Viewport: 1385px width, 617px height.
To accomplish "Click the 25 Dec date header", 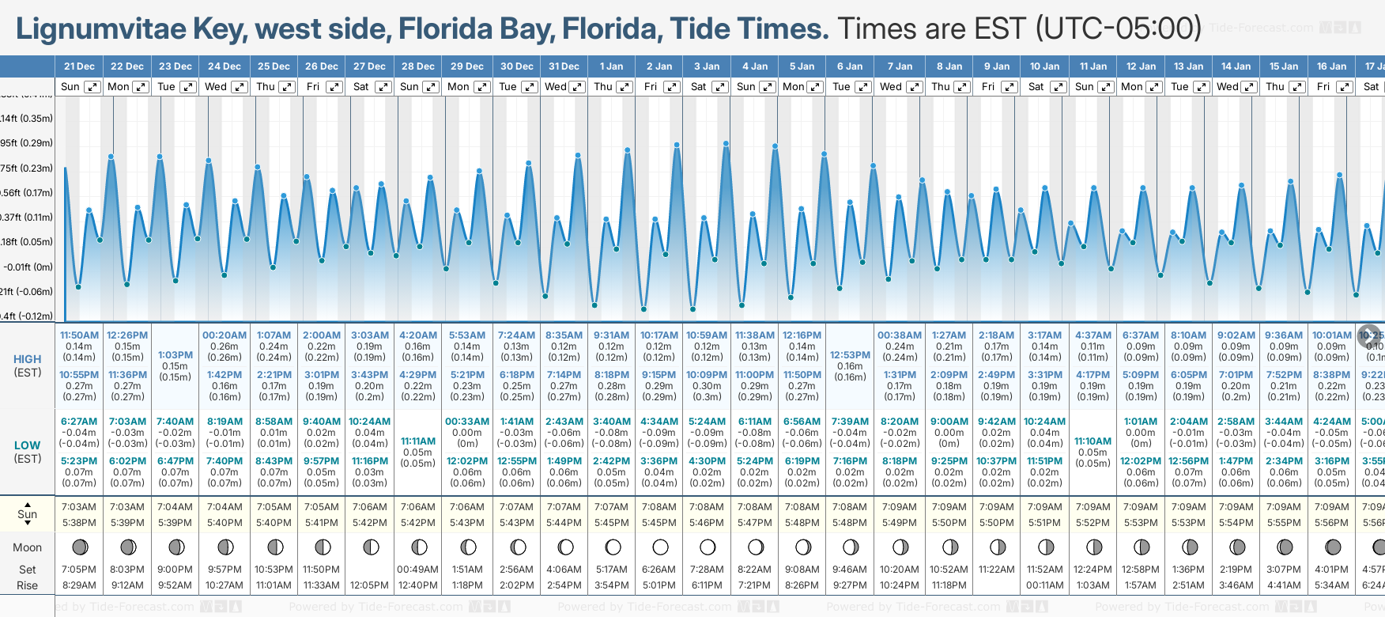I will tap(274, 66).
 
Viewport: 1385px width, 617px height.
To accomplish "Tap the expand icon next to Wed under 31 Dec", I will tap(577, 87).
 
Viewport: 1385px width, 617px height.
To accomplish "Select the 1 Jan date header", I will tap(611, 66).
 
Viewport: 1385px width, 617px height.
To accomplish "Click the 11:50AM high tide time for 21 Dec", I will tap(79, 335).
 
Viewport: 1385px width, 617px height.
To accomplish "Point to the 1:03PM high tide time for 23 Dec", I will tap(175, 355).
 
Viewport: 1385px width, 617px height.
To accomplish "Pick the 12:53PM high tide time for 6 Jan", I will tap(850, 355).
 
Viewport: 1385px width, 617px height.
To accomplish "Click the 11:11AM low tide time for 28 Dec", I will tap(418, 441).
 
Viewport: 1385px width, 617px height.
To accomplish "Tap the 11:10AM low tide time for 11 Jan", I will tap(1093, 441).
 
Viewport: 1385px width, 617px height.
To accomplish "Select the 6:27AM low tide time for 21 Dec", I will tap(79, 422).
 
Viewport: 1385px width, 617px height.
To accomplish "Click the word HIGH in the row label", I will tap(28, 359).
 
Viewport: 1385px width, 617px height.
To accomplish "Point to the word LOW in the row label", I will tap(28, 445).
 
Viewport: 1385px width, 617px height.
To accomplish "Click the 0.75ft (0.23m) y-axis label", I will tap(27, 168).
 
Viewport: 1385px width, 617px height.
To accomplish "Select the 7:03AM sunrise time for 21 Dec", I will tap(79, 507).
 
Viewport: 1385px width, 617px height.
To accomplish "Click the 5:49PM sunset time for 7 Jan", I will tap(900, 523).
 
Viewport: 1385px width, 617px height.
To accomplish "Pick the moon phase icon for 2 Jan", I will tap(660, 547).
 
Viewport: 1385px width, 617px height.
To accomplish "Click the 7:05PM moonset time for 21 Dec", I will tap(79, 570).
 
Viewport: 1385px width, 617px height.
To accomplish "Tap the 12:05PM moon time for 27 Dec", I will tap(370, 585).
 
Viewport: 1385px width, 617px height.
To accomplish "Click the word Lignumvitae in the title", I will tap(100, 29).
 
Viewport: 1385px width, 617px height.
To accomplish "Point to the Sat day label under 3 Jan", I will tap(698, 87).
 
